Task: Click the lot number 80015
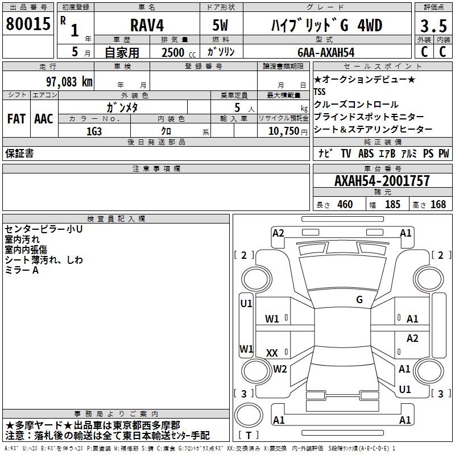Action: tap(28, 23)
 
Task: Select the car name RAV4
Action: tap(147, 25)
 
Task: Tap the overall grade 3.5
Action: tap(433, 26)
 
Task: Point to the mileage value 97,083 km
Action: tap(69, 82)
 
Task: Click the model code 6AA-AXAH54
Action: tap(326, 52)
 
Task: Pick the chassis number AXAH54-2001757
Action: tap(382, 181)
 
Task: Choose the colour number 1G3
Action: tap(94, 131)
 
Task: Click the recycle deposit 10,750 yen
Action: tap(288, 131)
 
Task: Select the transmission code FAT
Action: tap(16, 119)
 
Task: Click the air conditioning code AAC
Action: tap(44, 119)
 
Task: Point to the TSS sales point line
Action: tap(320, 92)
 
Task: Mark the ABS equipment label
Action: tap(366, 154)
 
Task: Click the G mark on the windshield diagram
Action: tap(359, 300)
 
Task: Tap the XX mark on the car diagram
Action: tap(272, 353)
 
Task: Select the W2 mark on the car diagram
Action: tap(280, 369)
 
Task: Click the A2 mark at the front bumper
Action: tap(278, 233)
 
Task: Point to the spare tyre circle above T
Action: tap(249, 415)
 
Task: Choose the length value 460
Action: tap(345, 204)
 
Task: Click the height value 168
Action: tap(438, 204)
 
